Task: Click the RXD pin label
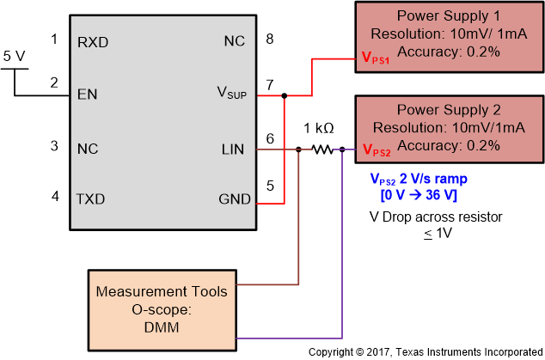click(x=92, y=40)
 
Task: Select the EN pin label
click(x=86, y=95)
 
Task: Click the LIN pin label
click(x=232, y=149)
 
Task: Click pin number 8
click(x=269, y=39)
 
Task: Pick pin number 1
click(x=54, y=39)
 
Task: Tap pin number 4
click(x=54, y=196)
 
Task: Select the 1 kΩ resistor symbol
click(x=321, y=149)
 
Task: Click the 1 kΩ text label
click(x=318, y=129)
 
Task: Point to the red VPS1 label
click(x=377, y=61)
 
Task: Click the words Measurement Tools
click(x=162, y=291)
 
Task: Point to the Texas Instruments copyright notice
click(x=426, y=352)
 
